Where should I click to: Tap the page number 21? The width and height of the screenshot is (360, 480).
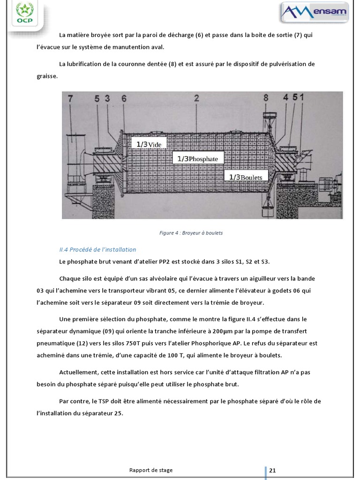(x=273, y=470)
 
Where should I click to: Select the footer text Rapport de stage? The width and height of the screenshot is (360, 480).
(x=151, y=470)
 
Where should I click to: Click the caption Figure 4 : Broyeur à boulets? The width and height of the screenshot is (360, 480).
(x=191, y=233)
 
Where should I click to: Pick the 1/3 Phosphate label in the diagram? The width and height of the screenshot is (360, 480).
(x=197, y=159)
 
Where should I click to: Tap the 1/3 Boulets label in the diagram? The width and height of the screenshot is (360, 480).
(x=246, y=177)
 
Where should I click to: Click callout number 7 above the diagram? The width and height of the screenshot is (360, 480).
(x=71, y=98)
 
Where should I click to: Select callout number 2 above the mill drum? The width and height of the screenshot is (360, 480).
(x=196, y=98)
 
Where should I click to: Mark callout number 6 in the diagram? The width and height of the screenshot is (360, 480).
(x=124, y=98)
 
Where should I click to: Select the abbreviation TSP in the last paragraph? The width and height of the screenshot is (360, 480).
(x=104, y=402)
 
